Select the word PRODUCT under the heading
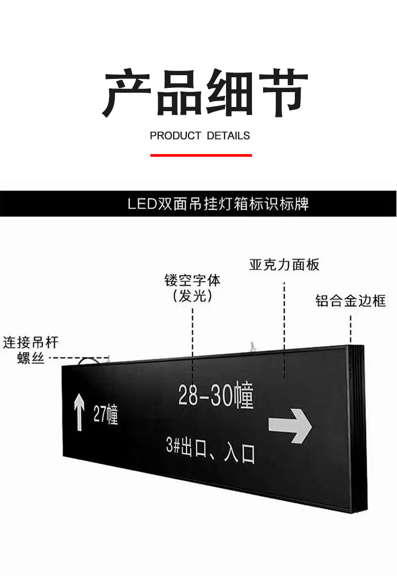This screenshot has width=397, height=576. pos(175,136)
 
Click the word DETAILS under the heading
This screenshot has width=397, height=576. pos(228,136)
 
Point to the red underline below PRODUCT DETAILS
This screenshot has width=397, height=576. pos(201,155)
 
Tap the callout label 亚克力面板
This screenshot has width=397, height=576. pos(284,265)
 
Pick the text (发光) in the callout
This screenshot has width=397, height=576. pos(192,296)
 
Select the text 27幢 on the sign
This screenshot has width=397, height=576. pos(106,415)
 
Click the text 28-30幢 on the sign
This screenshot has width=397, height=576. pos(215,396)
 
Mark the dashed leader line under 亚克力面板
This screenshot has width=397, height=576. pos(285,328)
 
